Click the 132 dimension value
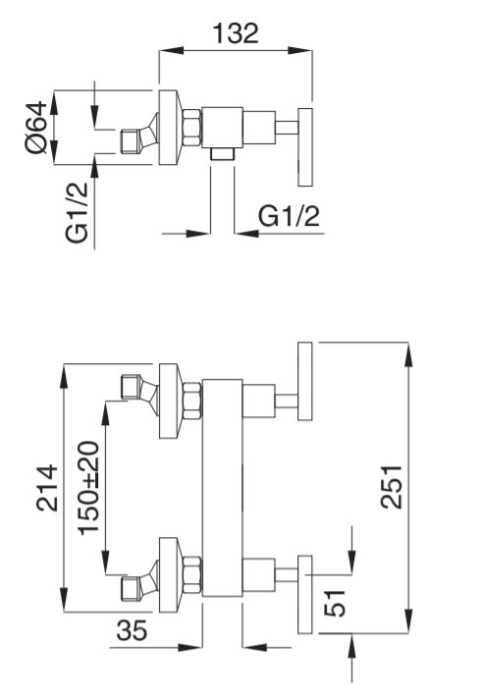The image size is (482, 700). [236, 33]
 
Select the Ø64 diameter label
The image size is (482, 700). [36, 128]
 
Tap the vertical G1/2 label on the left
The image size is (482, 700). [78, 212]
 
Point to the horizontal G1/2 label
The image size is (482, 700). [290, 217]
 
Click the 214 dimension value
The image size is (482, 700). [47, 488]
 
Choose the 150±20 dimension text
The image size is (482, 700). [88, 487]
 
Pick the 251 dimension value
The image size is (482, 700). [392, 487]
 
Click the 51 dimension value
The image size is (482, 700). [335, 603]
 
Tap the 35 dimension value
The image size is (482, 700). [132, 630]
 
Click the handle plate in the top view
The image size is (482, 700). [305, 147]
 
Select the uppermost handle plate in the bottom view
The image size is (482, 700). [305, 381]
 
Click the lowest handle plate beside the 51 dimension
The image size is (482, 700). [305, 594]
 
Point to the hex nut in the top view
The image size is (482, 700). [192, 128]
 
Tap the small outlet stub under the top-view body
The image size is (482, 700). [222, 153]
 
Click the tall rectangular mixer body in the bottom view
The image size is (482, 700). [222, 488]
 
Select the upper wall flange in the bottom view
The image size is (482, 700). [170, 401]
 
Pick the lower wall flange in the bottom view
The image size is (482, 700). [170, 575]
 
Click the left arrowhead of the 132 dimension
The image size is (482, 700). [172, 50]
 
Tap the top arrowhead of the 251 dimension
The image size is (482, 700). [408, 354]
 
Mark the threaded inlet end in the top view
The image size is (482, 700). [130, 142]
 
